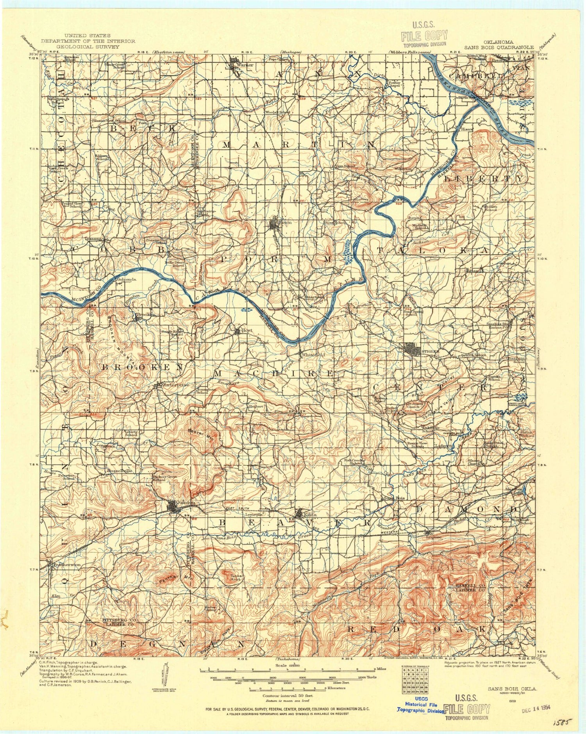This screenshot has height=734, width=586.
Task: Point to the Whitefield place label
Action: coord(313,355)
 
